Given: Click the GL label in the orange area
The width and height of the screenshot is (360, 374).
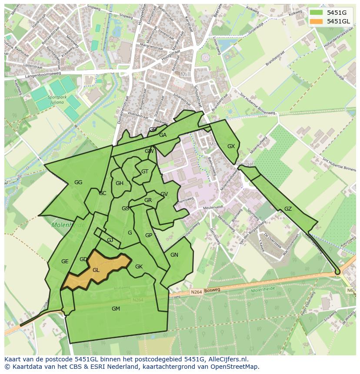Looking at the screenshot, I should [x=96, y=270].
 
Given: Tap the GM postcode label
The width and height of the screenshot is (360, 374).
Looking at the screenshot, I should [x=116, y=309].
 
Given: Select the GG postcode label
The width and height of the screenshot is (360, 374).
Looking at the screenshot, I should [x=78, y=182].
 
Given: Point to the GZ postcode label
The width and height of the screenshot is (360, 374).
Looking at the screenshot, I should [x=288, y=209].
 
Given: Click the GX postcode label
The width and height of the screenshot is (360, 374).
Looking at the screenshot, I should [x=231, y=146].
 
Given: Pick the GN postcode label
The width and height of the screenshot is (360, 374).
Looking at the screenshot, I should [x=174, y=255].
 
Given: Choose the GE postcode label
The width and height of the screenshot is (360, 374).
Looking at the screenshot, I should [x=65, y=261].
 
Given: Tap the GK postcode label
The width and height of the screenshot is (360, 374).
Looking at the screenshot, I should [x=139, y=267].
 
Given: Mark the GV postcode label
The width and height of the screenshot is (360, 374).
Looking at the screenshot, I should [x=164, y=194].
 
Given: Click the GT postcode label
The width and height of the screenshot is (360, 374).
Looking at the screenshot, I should [x=145, y=172].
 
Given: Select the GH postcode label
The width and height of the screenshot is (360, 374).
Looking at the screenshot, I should [x=120, y=183].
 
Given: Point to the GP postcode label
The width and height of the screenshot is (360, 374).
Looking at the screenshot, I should [x=149, y=235].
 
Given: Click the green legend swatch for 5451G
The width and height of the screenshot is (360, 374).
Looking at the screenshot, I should [x=316, y=13].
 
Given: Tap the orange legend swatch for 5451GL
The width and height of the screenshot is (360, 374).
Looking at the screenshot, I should [x=316, y=21].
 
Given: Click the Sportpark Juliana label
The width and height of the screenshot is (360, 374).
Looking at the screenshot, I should [x=57, y=100].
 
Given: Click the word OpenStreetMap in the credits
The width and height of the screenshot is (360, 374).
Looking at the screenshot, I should [x=236, y=367].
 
